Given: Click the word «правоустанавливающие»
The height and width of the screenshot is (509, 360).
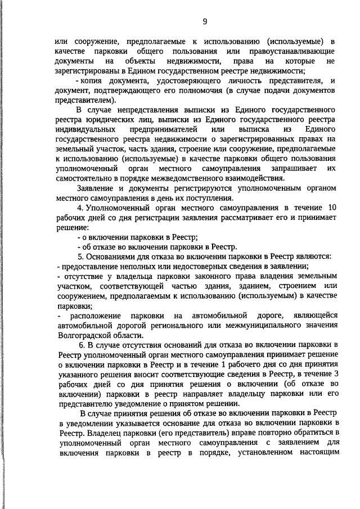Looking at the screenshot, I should pyautogui.click(x=288, y=51).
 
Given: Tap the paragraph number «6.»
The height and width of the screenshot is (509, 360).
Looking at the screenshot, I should pyautogui.click(x=83, y=344).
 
